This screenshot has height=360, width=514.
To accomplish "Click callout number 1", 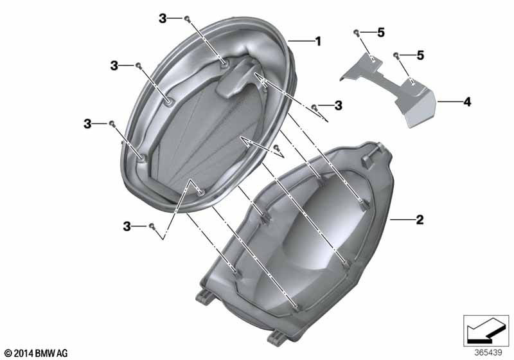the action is tap(318, 41).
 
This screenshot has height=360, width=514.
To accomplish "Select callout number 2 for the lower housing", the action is tap(420, 220).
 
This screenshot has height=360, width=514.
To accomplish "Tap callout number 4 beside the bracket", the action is tap(467, 102).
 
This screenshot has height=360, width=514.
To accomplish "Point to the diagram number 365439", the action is tap(488, 353).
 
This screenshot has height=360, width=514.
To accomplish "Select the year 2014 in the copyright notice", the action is tap(24, 354).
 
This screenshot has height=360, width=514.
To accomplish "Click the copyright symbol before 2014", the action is tap(8, 354).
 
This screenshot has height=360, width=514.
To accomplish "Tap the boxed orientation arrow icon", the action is tap(486, 331).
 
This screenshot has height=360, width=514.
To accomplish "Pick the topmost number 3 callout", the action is tap(163, 19).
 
